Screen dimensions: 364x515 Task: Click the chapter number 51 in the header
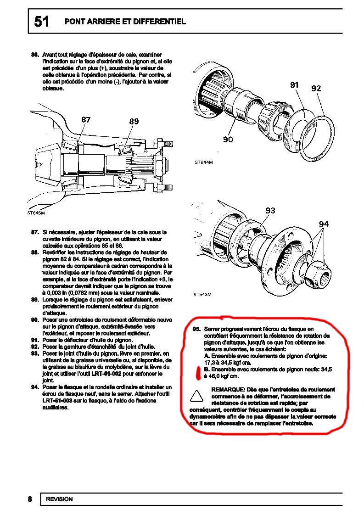pyautogui.click(x=42, y=22)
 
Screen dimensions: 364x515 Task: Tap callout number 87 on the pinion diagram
pyautogui.click(x=86, y=119)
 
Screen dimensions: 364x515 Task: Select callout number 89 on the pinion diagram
pyautogui.click(x=134, y=121)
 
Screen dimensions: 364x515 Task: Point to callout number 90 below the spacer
pyautogui.click(x=228, y=140)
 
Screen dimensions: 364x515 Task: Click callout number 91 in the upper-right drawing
pyautogui.click(x=294, y=85)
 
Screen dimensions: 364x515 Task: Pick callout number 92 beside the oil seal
pyautogui.click(x=316, y=88)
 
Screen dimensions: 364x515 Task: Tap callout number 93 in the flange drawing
pyautogui.click(x=270, y=211)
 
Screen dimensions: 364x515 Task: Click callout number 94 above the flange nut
pyautogui.click(x=324, y=224)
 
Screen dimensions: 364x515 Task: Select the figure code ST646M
pyautogui.click(x=36, y=213)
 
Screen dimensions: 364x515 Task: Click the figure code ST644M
pyautogui.click(x=204, y=162)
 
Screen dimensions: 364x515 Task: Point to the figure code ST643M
pyautogui.click(x=202, y=295)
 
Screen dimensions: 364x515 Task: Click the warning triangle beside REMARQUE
pyautogui.click(x=197, y=396)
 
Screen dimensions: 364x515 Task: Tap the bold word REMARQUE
pyautogui.click(x=228, y=390)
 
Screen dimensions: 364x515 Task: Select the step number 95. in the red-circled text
pyautogui.click(x=197, y=329)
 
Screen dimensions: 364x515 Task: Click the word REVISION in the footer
pyautogui.click(x=60, y=499)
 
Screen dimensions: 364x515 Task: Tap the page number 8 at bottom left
pyautogui.click(x=30, y=499)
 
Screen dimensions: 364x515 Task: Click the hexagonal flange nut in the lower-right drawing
pyautogui.click(x=317, y=275)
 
